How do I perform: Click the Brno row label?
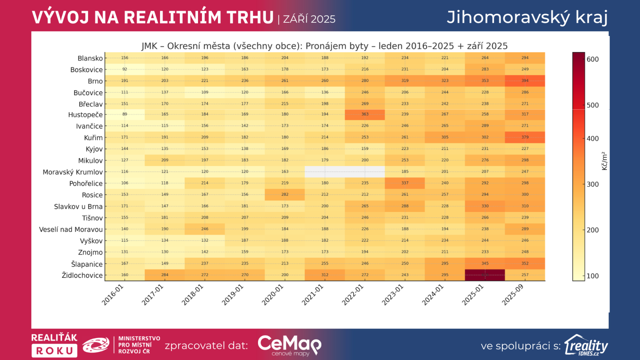[95, 81]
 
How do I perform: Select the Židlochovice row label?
[82, 275]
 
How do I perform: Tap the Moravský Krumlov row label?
[73, 172]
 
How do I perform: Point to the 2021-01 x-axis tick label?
[312, 295]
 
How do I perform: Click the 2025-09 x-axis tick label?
[512, 295]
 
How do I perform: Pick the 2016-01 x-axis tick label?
[112, 295]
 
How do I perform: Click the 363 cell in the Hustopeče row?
[365, 114]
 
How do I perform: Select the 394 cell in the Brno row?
[525, 81]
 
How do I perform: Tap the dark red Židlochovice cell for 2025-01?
[485, 275]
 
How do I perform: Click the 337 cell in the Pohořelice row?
[405, 183]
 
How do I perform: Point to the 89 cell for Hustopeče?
[125, 114]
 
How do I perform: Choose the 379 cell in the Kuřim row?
[525, 137]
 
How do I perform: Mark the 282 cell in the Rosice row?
[285, 194]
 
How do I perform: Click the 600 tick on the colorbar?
[592, 59]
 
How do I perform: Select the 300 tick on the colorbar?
[592, 184]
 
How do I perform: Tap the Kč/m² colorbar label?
[604, 161]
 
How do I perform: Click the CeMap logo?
[289, 345]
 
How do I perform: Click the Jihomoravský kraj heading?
[527, 17]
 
